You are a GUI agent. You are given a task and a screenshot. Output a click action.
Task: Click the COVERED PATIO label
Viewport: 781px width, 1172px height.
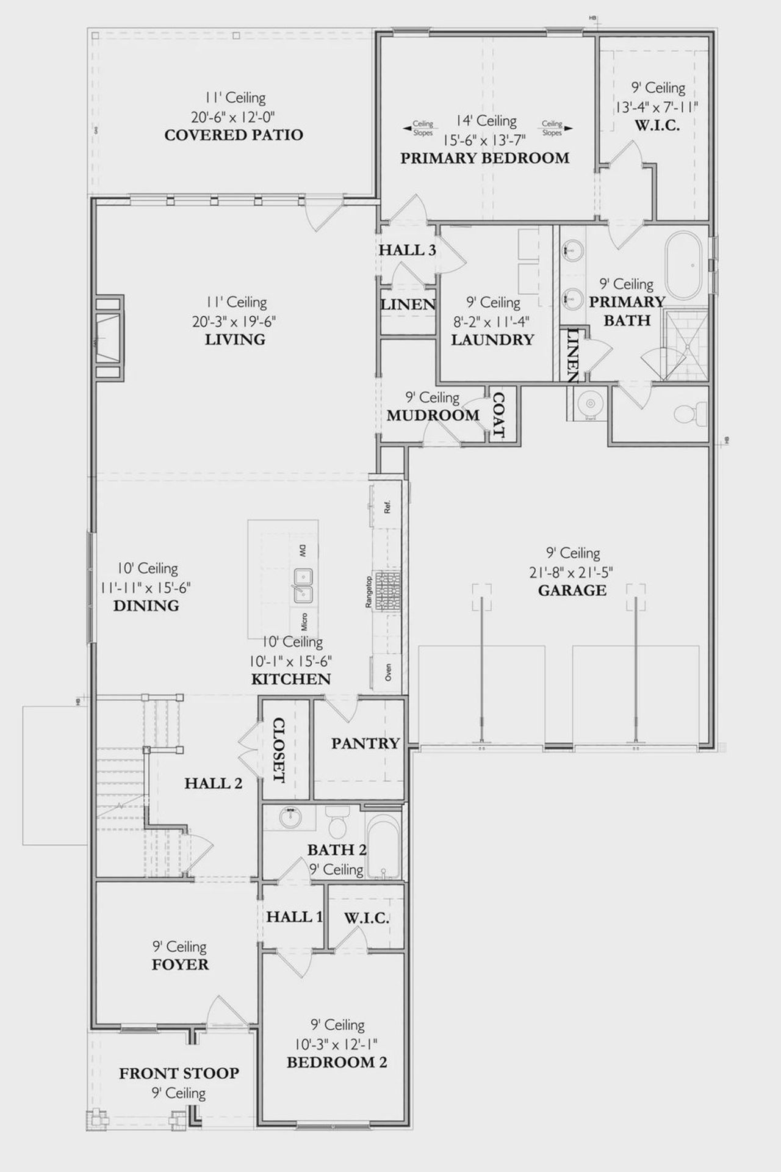pos(234,135)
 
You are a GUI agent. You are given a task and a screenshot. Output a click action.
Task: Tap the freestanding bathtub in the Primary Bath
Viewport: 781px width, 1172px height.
pos(686,266)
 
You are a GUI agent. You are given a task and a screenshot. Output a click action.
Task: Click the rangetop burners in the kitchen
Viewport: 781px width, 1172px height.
pos(387,591)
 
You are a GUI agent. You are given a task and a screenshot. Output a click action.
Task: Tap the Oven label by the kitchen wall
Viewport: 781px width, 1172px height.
pos(388,673)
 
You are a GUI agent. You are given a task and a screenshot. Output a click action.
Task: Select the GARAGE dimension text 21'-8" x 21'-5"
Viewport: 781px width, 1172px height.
pos(571,572)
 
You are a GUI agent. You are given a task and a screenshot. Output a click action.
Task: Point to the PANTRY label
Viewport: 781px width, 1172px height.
pos(365,743)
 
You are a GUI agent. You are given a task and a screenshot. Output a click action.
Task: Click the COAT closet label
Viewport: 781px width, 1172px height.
pos(498,415)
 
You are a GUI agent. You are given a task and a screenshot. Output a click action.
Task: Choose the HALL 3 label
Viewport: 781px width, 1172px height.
pos(407,250)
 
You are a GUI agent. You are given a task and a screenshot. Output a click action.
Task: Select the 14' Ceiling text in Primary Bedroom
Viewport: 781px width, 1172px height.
pos(486,121)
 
